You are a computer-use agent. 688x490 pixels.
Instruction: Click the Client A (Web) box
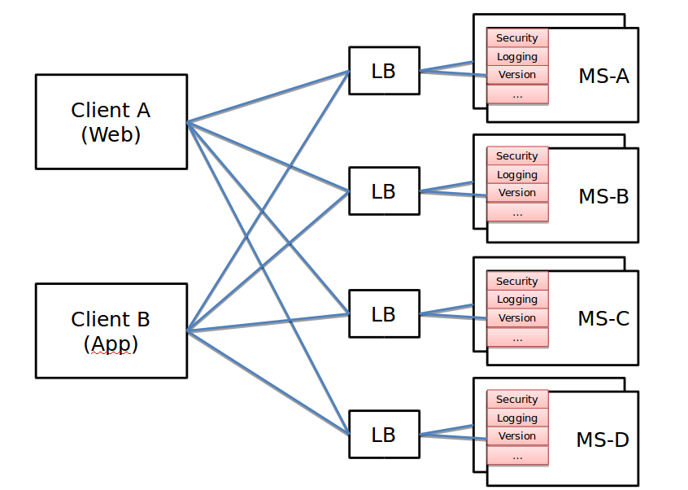click(x=111, y=122)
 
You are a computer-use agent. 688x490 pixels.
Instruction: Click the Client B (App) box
click(x=111, y=330)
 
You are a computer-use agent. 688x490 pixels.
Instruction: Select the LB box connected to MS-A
click(x=384, y=72)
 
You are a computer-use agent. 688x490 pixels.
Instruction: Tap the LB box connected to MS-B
click(x=384, y=191)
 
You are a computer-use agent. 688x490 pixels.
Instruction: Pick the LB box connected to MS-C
click(x=384, y=313)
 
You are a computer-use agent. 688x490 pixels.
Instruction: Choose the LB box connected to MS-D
click(x=384, y=435)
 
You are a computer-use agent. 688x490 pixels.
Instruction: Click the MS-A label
click(x=603, y=76)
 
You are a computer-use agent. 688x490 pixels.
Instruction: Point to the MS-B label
click(x=603, y=196)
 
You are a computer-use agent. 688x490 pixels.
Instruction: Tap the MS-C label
click(x=603, y=318)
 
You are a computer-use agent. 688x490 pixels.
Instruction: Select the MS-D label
click(x=603, y=440)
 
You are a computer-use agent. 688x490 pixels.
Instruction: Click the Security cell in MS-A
click(x=517, y=37)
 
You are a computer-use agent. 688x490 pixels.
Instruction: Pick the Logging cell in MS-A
click(x=517, y=56)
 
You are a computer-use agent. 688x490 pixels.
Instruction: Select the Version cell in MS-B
click(x=517, y=193)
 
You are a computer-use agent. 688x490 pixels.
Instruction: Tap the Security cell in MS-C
click(x=517, y=281)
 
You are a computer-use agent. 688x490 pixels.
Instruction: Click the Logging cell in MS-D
click(x=517, y=418)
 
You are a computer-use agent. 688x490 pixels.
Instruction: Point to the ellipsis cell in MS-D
click(x=517, y=456)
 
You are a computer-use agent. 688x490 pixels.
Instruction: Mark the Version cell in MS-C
click(x=517, y=317)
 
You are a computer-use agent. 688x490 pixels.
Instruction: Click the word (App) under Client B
click(x=111, y=344)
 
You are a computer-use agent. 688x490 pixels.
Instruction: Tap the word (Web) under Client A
click(x=111, y=135)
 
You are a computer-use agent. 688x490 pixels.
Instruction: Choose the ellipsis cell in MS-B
click(x=517, y=212)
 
